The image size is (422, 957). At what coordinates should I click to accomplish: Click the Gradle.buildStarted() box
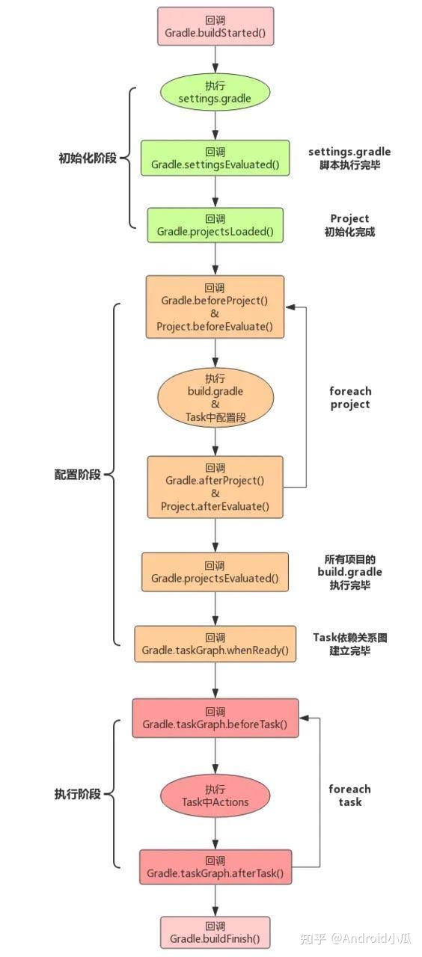pyautogui.click(x=215, y=26)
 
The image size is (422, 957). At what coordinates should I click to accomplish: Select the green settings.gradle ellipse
pyautogui.click(x=215, y=92)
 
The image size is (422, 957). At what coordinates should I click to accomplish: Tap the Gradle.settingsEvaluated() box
pyautogui.click(x=215, y=158)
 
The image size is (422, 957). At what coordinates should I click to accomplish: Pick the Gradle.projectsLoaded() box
pyautogui.click(x=215, y=225)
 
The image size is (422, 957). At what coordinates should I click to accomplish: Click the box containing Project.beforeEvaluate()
pyautogui.click(x=215, y=307)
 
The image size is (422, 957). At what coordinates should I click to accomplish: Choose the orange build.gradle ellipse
pyautogui.click(x=215, y=398)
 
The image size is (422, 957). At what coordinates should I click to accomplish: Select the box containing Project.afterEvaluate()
pyautogui.click(x=215, y=487)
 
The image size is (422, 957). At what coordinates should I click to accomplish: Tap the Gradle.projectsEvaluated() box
pyautogui.click(x=215, y=572)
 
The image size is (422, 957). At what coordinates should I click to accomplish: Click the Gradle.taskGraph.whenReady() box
pyautogui.click(x=215, y=644)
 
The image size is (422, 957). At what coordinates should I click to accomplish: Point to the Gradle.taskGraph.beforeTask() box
pyautogui.click(x=215, y=718)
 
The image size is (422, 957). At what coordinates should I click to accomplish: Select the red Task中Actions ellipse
pyautogui.click(x=215, y=796)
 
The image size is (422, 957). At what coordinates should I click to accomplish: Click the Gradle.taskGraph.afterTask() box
pyautogui.click(x=215, y=867)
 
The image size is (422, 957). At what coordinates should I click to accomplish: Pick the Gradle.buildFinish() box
pyautogui.click(x=215, y=932)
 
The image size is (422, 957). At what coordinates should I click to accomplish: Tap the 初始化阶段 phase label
pyautogui.click(x=88, y=158)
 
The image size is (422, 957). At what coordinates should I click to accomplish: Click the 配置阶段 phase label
pyautogui.click(x=77, y=475)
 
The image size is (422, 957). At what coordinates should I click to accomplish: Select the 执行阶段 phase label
pyautogui.click(x=77, y=794)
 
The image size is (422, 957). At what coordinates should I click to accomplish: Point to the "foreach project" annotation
pyautogui.click(x=349, y=398)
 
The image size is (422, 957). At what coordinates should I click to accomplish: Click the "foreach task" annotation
pyautogui.click(x=349, y=796)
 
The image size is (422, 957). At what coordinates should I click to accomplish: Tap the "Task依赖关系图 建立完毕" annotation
pyautogui.click(x=350, y=644)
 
